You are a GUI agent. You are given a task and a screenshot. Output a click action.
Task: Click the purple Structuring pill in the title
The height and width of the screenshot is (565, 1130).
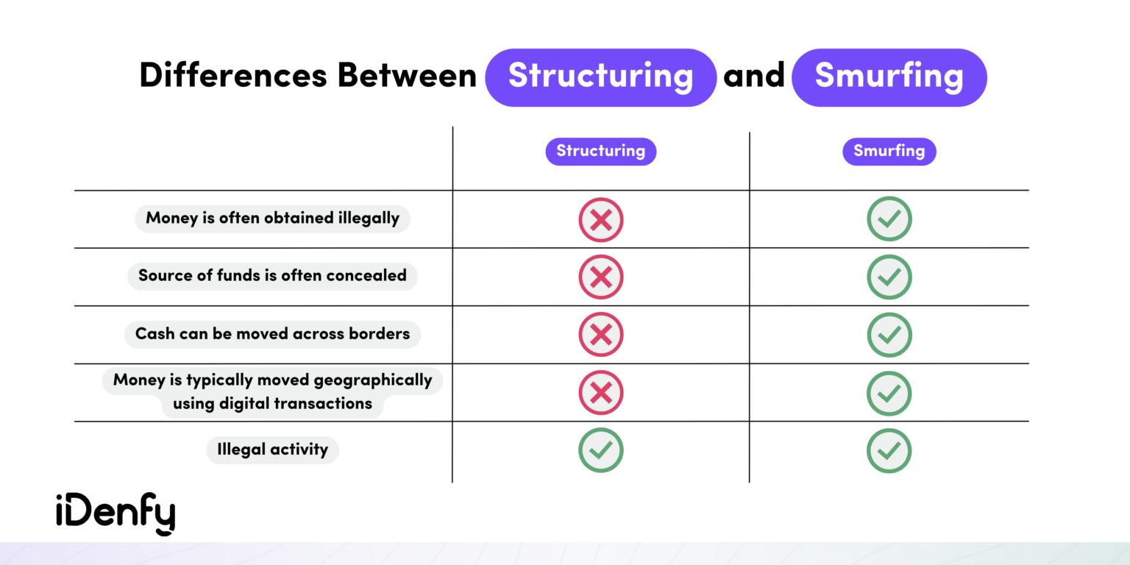[x=600, y=77]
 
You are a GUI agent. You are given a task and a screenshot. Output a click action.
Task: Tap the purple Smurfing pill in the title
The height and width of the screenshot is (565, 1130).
[x=889, y=77]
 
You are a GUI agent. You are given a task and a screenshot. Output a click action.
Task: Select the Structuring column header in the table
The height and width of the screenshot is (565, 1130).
[x=600, y=152]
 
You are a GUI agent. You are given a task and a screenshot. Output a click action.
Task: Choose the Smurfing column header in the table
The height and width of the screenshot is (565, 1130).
[x=889, y=152]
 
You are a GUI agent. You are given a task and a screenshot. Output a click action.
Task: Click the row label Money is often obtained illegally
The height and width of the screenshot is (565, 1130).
[x=272, y=218]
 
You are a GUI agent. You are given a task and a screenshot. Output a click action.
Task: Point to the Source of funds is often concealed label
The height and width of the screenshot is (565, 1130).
[x=272, y=276]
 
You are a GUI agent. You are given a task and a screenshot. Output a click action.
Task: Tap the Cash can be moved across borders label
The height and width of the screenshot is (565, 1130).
[x=272, y=334]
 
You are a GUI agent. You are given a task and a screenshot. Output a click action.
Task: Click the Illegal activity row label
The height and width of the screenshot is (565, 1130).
[x=272, y=449]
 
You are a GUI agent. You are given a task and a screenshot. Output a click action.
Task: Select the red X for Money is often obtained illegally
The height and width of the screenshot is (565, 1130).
[x=601, y=219]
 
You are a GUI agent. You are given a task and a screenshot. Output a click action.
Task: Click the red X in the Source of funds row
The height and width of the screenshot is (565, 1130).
[x=601, y=277]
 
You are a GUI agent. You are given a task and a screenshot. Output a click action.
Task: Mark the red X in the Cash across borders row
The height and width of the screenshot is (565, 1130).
[x=601, y=335]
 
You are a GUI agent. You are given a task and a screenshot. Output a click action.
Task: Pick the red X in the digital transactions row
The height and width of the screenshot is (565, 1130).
[x=601, y=393]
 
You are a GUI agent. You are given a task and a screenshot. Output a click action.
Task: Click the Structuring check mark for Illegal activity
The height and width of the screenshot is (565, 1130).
[x=601, y=450]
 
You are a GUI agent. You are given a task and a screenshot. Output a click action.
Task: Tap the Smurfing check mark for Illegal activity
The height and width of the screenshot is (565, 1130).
[x=889, y=450]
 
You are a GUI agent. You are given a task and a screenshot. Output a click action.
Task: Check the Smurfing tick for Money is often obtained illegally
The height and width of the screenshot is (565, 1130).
[x=889, y=219]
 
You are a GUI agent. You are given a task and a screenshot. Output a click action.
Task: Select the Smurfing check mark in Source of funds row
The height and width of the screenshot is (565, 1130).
[x=889, y=277]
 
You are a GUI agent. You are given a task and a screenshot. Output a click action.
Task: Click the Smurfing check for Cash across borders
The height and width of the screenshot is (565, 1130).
[x=889, y=335]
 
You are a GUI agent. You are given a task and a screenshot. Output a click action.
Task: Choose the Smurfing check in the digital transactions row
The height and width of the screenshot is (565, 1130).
[x=889, y=393]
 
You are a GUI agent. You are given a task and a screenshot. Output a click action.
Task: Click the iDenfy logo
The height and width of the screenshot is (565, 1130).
[x=116, y=514]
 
